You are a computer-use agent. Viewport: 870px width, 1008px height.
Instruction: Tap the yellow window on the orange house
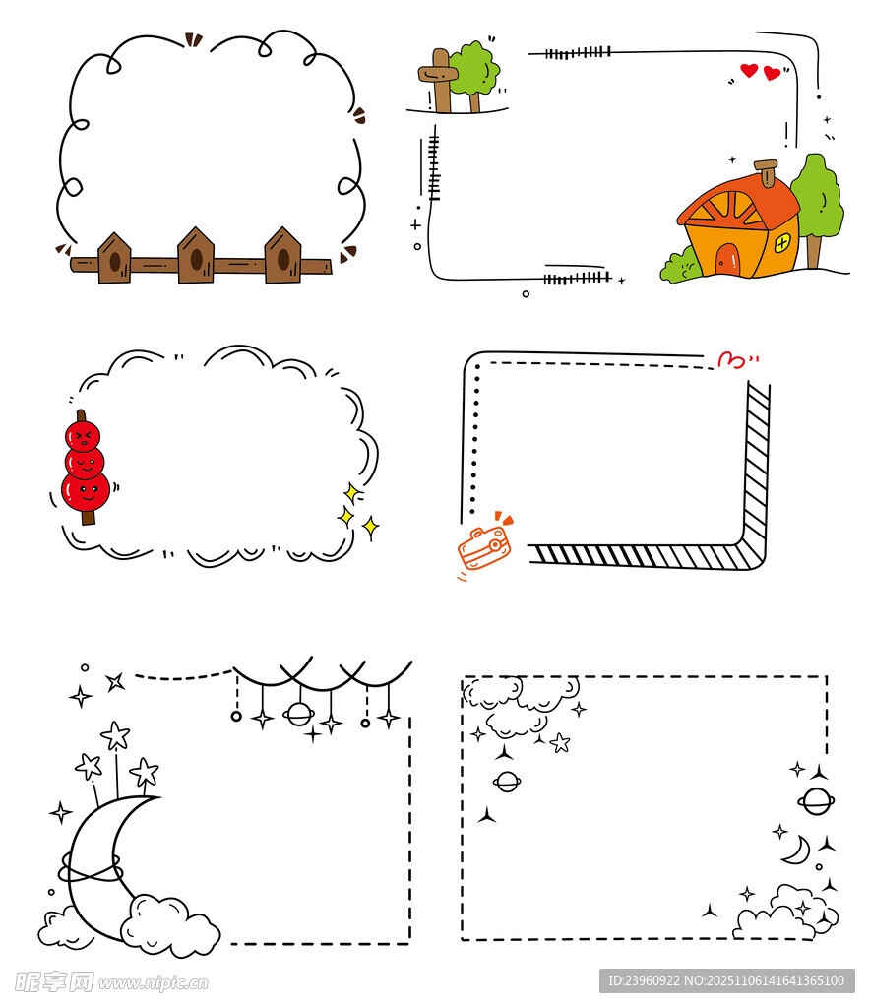tap(782, 243)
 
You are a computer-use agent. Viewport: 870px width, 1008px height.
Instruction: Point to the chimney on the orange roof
tap(767, 172)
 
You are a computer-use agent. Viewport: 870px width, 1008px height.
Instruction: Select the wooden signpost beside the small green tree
tap(439, 80)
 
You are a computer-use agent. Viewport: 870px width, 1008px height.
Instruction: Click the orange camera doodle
tap(484, 546)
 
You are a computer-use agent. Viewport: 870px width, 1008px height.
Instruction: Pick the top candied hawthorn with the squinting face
tap(83, 436)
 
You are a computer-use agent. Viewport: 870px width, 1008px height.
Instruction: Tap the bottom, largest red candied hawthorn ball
tap(86, 492)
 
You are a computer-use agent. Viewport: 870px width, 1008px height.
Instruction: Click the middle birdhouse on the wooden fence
tap(196, 255)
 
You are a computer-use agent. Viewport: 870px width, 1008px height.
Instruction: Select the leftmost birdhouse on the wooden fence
tap(114, 258)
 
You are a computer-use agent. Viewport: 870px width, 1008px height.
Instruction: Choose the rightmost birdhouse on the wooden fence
tap(282, 255)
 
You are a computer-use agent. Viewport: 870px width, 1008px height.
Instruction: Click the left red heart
tap(749, 70)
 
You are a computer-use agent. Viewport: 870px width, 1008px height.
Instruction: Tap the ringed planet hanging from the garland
tap(299, 714)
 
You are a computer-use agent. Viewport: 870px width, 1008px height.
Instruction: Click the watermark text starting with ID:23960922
tap(726, 981)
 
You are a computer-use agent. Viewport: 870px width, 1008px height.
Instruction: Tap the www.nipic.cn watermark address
tap(154, 983)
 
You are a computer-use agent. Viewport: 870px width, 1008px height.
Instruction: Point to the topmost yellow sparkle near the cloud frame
tap(352, 493)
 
